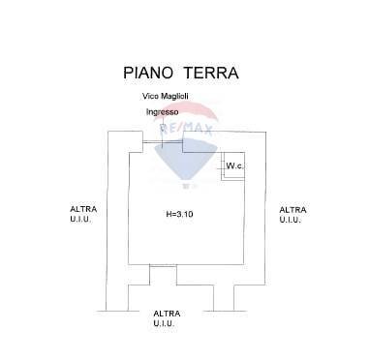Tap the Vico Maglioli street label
pyautogui.click(x=165, y=97)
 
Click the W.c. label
pyautogui.click(x=233, y=166)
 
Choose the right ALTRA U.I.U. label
pyautogui.click(x=292, y=214)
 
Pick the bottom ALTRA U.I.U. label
pyautogui.click(x=165, y=318)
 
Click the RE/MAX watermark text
pyautogui.click(x=179, y=129)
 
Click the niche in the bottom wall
pyautogui.click(x=190, y=275)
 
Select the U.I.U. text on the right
pyautogui.click(x=292, y=220)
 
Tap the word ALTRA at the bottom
pyautogui.click(x=165, y=314)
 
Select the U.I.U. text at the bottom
pyautogui.click(x=165, y=324)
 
